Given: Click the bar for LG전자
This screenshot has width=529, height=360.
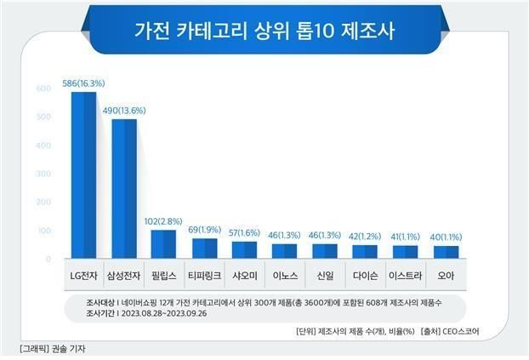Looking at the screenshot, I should tap(83, 175).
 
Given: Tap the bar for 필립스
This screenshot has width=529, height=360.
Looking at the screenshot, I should tap(163, 244).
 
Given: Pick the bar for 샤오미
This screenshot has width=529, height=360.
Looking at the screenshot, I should tap(244, 250).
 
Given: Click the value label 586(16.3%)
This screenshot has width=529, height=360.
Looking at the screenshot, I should tap(83, 84).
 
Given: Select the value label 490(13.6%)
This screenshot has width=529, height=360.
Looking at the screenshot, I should tap(124, 111).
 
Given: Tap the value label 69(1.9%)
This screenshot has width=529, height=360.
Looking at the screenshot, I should tap(204, 230).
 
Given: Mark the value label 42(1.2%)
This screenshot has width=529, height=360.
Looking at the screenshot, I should tap(366, 237).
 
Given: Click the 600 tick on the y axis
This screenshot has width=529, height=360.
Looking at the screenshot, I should tap(43, 89).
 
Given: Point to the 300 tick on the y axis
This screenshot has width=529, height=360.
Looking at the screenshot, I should tap(43, 174).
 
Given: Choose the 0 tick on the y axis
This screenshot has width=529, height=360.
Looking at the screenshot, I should tap(48, 259).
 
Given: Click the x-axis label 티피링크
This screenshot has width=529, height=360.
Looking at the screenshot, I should tap(204, 276).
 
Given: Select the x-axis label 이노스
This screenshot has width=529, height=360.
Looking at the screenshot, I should tap(285, 276).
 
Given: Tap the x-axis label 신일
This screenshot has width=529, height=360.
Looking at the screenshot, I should tap(325, 276).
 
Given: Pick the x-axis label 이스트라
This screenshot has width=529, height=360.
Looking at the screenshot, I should tap(406, 276).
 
